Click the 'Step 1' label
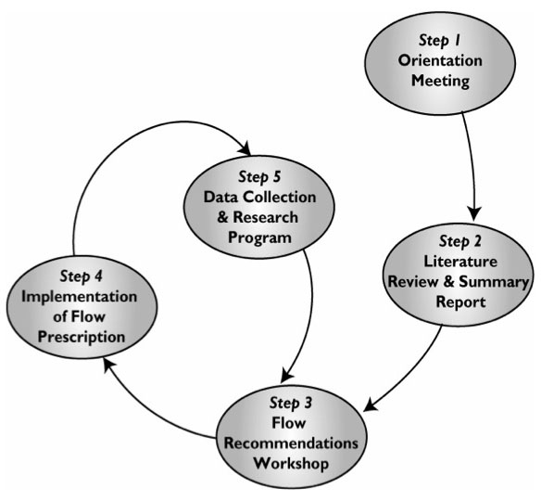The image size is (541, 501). click(439, 41)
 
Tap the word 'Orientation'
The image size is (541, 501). click(440, 60)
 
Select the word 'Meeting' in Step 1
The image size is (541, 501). click(440, 82)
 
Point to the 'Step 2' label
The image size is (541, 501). click(459, 241)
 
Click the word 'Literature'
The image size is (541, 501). click(460, 262)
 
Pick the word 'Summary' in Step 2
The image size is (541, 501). click(494, 282)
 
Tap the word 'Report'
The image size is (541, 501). click(460, 302)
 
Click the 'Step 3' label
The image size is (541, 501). click(291, 404)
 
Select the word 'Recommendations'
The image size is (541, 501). click(291, 443)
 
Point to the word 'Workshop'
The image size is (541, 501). click(291, 464)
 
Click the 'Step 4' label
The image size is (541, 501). click(82, 276)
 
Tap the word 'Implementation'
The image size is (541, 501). click(79, 297)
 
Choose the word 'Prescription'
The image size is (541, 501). click(82, 337)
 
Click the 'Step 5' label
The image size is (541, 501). click(259, 177)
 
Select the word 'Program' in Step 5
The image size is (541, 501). click(259, 238)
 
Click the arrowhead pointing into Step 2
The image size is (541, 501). click(474, 214)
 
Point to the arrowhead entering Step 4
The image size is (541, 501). click(109, 365)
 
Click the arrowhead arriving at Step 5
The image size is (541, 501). click(245, 148)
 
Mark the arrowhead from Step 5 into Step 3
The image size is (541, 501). click(286, 376)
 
